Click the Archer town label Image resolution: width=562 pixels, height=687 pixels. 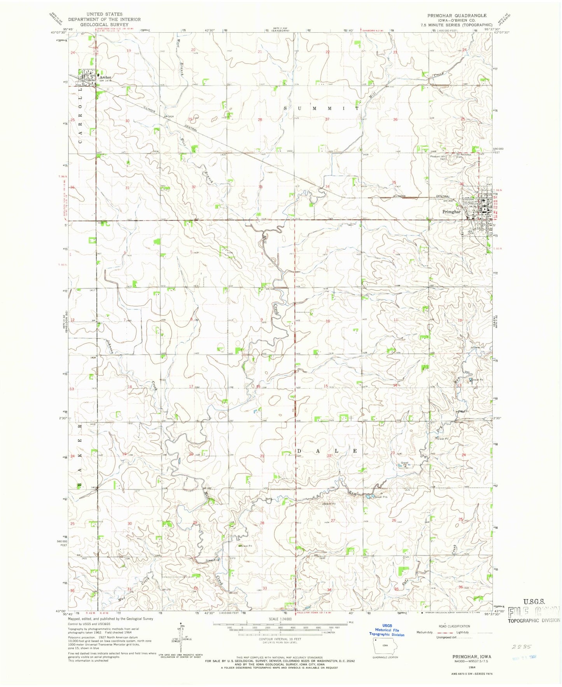coord(105,77)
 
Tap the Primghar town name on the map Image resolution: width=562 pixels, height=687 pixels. coord(452,212)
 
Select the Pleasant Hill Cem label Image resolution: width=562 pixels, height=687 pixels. coord(439,157)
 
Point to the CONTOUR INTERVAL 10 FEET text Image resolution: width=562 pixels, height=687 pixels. coord(280,639)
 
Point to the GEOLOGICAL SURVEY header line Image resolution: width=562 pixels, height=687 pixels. coord(104,25)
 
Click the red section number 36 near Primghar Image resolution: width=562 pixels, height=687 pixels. coord(462,184)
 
